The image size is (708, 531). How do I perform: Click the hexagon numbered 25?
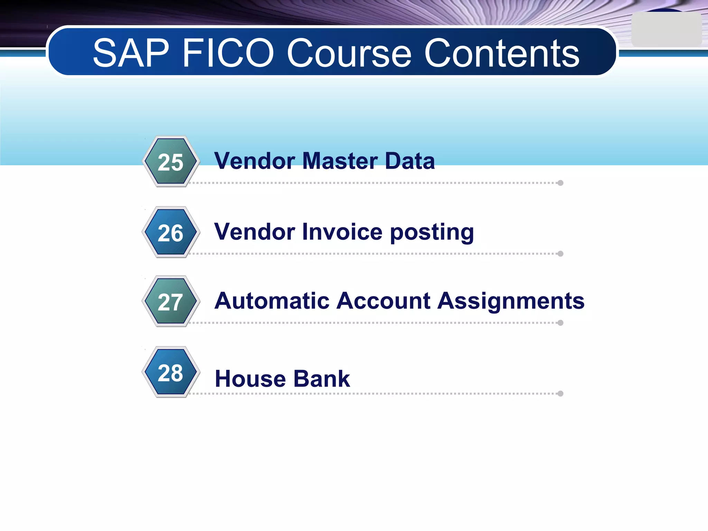(x=171, y=162)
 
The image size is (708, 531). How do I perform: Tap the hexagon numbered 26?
(x=171, y=233)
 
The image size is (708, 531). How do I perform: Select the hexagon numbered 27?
(x=171, y=302)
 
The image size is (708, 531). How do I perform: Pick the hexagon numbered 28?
(x=171, y=373)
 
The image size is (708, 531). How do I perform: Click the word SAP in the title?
(x=131, y=53)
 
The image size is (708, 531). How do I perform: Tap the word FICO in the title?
(x=228, y=53)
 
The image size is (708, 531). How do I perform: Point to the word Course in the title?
(x=349, y=53)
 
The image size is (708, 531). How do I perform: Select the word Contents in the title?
(x=502, y=53)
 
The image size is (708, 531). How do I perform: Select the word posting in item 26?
(x=432, y=233)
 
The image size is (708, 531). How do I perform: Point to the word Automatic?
(x=272, y=301)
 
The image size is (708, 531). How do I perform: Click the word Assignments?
(x=511, y=301)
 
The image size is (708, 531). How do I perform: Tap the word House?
(x=250, y=379)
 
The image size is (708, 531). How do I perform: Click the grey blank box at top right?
(x=666, y=30)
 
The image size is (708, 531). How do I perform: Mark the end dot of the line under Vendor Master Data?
(x=560, y=183)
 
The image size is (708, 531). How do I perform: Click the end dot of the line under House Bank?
(x=560, y=393)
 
